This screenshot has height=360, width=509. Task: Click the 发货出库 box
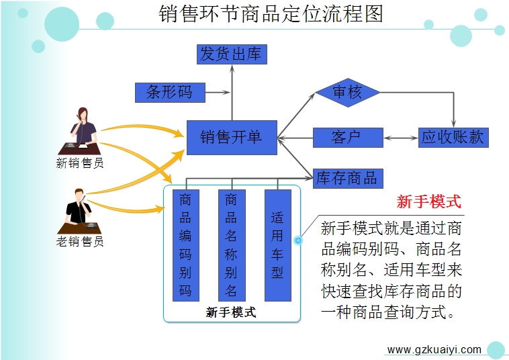coord(232,54)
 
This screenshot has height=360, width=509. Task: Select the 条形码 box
coord(170,93)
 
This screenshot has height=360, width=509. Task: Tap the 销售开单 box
coord(232,138)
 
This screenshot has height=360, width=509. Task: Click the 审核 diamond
coord(348,93)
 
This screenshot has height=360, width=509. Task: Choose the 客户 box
coord(348,138)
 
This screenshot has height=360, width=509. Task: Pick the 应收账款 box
coord(453,138)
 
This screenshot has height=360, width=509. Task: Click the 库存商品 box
coord(348,179)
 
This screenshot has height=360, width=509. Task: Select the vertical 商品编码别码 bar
coord(186,245)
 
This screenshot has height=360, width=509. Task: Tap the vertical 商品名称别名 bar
coord(232,245)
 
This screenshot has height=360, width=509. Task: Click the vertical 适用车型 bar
coord(278,245)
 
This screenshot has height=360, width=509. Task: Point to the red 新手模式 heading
coord(429,201)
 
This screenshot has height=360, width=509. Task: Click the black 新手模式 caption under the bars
coord(231,312)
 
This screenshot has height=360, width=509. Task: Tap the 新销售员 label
coord(80,163)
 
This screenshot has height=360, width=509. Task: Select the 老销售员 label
coord(80,241)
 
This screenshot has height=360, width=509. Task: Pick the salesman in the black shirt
coord(79,212)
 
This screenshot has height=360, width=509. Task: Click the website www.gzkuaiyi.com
coord(434,350)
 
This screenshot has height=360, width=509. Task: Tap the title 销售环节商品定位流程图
coord(271,13)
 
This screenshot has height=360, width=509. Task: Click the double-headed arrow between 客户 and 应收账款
coord(401,138)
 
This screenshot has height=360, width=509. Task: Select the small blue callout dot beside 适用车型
coord(298,240)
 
